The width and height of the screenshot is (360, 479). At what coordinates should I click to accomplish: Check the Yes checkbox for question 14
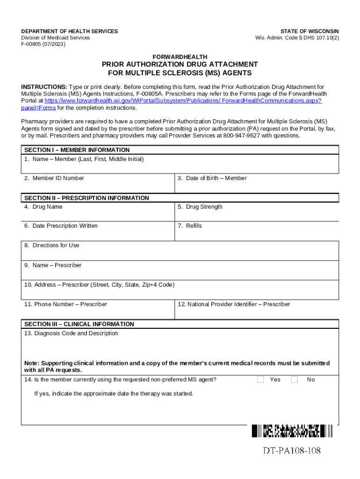click(x=261, y=379)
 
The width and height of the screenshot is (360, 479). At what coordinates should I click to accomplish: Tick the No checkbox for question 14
click(x=295, y=379)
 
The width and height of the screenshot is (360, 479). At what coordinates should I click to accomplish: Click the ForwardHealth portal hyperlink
click(x=183, y=101)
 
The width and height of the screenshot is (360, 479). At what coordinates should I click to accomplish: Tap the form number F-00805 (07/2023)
click(x=43, y=44)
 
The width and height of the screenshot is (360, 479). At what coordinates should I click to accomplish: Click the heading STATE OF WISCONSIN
click(x=310, y=31)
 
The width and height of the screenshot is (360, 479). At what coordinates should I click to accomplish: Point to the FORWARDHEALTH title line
click(x=180, y=57)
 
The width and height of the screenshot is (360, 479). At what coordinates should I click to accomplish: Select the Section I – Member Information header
click(x=77, y=150)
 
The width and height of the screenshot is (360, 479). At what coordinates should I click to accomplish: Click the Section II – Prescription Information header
click(x=86, y=198)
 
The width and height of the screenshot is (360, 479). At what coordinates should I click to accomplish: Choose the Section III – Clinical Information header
click(x=79, y=324)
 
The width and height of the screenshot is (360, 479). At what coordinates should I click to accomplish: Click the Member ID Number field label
click(x=54, y=178)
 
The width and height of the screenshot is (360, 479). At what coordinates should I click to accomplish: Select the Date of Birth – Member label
click(x=212, y=178)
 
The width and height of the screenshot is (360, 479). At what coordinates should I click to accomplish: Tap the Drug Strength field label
click(x=200, y=207)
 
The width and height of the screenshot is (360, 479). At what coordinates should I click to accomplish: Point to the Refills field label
click(x=190, y=226)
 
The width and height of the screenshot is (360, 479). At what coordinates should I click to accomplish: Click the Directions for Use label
click(x=52, y=245)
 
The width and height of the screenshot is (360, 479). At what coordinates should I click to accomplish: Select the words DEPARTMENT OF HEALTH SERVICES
click(x=70, y=31)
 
